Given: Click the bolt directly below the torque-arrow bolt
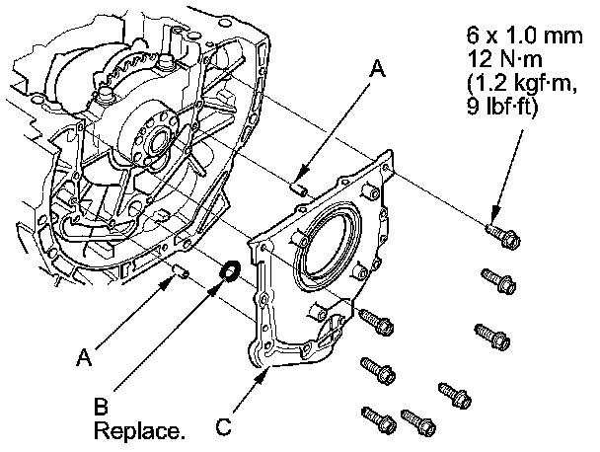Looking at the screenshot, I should coord(495,279).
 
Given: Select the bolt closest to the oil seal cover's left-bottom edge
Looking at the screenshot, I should coord(375,322).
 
